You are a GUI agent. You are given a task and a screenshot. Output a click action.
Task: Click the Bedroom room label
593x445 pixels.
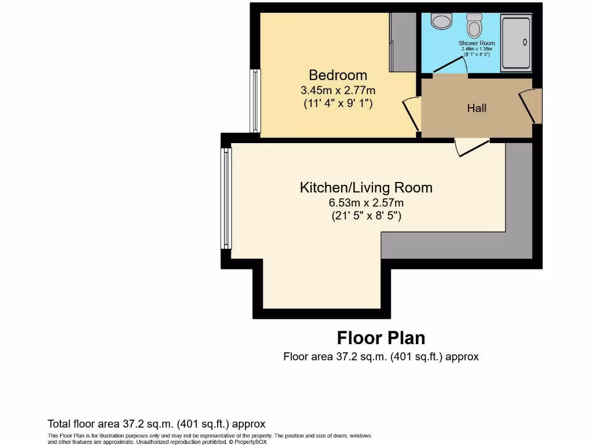click(x=338, y=75)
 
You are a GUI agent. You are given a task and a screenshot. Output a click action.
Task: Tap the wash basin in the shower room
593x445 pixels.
click(x=443, y=22)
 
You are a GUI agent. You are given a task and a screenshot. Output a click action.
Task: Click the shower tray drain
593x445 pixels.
click(x=525, y=42)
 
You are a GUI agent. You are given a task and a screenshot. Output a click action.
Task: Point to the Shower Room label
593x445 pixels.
click(x=477, y=43)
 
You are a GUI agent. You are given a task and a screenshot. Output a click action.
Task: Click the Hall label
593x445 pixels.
click(x=477, y=108)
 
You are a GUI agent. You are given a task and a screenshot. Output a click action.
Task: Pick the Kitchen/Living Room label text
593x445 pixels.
click(x=366, y=188)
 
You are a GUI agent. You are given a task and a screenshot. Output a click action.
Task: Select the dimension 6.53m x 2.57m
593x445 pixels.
click(x=366, y=203)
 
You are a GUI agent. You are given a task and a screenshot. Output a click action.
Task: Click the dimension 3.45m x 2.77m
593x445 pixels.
click(x=338, y=90)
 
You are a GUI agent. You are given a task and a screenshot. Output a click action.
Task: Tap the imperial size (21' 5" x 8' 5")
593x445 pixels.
click(x=366, y=216)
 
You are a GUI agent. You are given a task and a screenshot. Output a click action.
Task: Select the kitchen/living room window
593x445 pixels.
click(x=226, y=197)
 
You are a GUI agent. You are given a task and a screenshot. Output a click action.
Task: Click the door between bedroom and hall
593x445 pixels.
click(x=412, y=113)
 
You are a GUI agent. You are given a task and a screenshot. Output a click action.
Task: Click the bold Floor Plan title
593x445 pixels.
click(x=381, y=338)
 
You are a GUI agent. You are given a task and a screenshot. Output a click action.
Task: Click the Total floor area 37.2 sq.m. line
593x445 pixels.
click(x=156, y=424)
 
